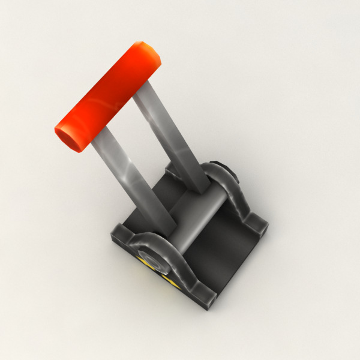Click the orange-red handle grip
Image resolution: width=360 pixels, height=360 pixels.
point(108,96)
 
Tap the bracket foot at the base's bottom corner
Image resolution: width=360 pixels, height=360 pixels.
point(204,296)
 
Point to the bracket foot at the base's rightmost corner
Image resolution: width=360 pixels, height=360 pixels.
point(258,226)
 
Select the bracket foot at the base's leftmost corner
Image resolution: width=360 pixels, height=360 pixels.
point(120,234)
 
